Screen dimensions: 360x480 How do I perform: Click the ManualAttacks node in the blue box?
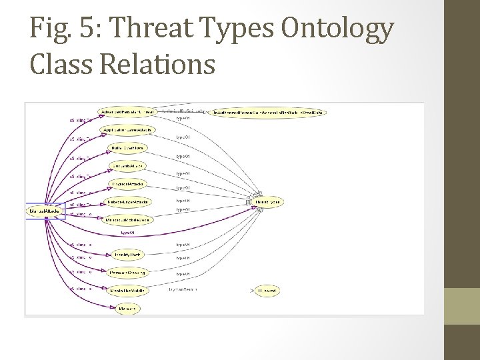coord(45,211)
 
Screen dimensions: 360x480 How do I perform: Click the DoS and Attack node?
coord(127,165)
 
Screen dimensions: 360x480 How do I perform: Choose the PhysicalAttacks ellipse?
coord(126,183)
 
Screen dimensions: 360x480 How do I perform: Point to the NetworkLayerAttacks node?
coord(128,201)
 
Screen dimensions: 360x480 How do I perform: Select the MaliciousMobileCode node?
coord(128,219)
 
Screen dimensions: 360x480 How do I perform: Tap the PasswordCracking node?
coord(127,273)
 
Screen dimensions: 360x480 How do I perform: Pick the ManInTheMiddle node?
coord(127,291)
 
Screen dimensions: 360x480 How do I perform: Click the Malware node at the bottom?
coord(126,309)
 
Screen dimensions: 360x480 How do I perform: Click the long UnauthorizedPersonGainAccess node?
coord(268,113)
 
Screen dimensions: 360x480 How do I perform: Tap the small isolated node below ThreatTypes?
coord(267,291)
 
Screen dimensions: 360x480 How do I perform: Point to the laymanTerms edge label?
coord(183,290)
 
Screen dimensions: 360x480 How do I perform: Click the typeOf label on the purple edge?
coord(129,233)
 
